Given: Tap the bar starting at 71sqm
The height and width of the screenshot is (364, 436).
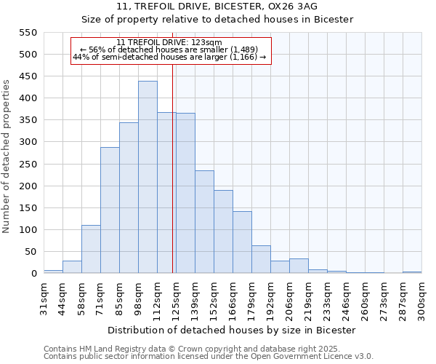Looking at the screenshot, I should (x=110, y=210).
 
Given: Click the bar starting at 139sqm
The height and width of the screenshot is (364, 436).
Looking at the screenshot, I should (x=204, y=222).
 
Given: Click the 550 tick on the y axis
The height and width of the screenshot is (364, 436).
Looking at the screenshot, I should (x=28, y=33).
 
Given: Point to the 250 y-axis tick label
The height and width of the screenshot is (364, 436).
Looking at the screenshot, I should (x=28, y=165).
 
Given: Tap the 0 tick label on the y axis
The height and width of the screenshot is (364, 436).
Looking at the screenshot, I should (x=33, y=274).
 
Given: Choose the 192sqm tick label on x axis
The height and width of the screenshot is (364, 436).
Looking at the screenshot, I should (x=271, y=298).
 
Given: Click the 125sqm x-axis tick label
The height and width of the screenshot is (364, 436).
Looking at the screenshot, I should (x=177, y=298).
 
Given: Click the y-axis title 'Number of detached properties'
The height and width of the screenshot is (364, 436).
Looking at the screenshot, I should (x=7, y=157).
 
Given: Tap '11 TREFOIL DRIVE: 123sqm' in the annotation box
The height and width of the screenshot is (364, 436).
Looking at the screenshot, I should (x=171, y=42).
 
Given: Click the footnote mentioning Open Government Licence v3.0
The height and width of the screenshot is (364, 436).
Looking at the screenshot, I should (x=209, y=357).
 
